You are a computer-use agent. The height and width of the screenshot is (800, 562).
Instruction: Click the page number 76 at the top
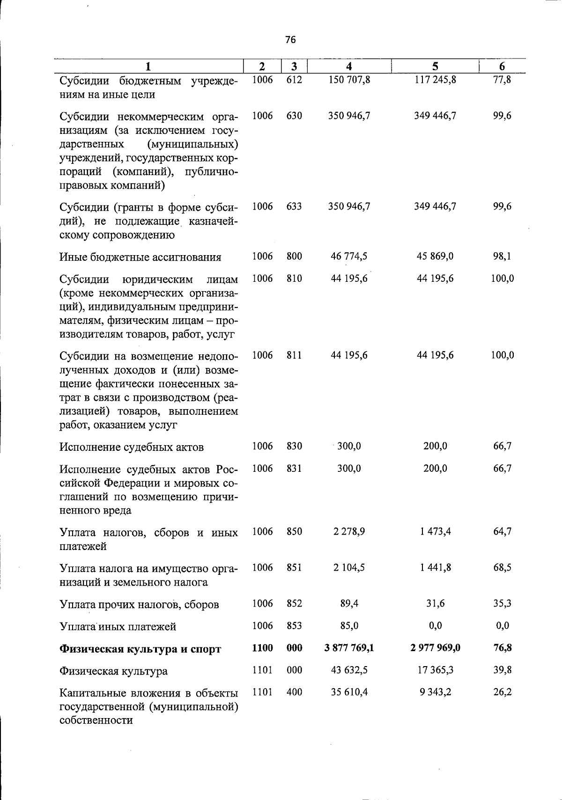290,40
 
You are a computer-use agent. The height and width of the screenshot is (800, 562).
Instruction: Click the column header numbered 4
349,66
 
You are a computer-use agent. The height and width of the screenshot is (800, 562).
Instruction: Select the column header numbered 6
502,66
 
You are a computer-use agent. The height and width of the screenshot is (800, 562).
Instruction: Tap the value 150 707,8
349,80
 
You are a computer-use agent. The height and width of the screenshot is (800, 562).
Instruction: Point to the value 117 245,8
435,80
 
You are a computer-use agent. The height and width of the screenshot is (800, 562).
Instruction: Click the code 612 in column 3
294,80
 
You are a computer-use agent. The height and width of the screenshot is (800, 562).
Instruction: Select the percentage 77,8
502,80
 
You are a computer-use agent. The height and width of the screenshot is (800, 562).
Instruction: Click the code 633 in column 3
294,206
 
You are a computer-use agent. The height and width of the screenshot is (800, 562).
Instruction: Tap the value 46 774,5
349,257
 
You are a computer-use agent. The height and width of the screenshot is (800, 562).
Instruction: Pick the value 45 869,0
435,257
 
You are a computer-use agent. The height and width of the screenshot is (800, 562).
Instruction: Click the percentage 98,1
502,257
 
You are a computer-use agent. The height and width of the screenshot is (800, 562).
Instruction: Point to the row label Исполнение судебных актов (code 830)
132,447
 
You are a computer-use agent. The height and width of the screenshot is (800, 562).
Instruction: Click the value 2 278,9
349,532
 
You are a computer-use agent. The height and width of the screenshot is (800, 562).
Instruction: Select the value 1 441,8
435,568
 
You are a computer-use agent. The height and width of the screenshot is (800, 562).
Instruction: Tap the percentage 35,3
502,604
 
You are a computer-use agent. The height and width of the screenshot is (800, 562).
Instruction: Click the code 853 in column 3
294,626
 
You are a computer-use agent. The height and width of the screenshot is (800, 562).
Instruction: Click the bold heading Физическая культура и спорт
140,649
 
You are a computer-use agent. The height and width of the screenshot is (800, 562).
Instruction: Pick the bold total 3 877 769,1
349,648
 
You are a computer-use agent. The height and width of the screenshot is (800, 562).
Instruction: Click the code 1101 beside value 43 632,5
262,670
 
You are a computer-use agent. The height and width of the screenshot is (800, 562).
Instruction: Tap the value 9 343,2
435,692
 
